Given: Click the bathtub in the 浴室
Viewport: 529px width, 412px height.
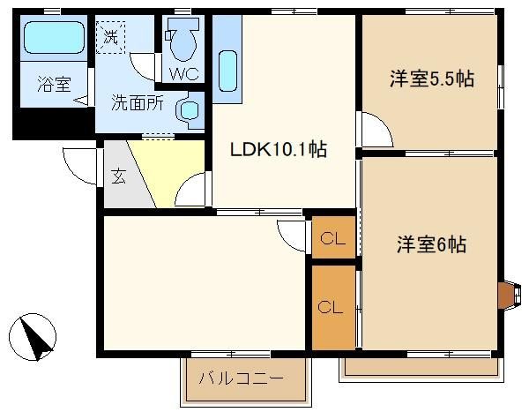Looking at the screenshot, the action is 54,37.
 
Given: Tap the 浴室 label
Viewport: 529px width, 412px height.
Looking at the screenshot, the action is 54,84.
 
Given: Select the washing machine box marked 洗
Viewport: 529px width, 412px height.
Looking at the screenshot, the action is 111,37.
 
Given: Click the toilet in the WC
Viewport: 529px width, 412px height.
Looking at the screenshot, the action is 183,40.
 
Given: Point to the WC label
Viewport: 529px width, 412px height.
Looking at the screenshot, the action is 184,73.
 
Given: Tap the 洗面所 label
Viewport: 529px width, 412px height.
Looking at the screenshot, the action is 138,103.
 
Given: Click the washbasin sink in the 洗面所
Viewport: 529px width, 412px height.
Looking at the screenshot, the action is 190,110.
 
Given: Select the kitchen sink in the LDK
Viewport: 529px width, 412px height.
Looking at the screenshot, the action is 227,71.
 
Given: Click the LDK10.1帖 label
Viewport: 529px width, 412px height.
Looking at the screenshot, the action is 279,149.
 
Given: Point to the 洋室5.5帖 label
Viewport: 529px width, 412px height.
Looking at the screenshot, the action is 432,79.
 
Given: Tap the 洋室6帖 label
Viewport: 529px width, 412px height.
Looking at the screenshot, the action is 431,244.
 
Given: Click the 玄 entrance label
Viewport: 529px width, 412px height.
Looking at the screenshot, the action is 118,176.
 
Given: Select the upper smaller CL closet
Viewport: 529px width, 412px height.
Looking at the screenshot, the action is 333,237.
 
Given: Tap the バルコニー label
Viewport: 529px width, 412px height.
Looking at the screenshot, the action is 242,378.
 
